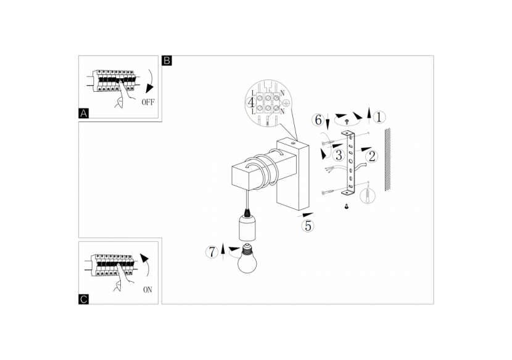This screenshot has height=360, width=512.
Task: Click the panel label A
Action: pyautogui.click(x=84, y=113)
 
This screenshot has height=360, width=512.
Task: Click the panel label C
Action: pyautogui.click(x=84, y=299)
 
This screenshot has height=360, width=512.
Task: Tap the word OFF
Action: pyautogui.click(x=148, y=102)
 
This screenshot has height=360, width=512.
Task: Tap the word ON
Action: pyautogui.click(x=147, y=288)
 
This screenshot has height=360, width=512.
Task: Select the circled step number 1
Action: pyautogui.click(x=379, y=117)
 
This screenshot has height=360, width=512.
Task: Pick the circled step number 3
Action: pyautogui.click(x=339, y=155)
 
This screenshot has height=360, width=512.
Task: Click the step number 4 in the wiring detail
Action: pyautogui.click(x=251, y=104)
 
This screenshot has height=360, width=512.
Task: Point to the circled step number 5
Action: pyautogui.click(x=308, y=226)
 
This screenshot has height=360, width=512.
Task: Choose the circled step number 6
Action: pyautogui.click(x=318, y=120)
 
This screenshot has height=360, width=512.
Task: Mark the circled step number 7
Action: pyautogui.click(x=212, y=252)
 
